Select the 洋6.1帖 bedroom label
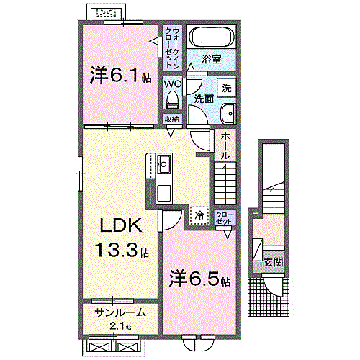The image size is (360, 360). (120, 74)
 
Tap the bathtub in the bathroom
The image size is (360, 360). (211, 37)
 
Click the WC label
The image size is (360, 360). (172, 84)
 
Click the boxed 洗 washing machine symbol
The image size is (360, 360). (226, 88)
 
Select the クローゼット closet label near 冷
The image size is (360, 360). (224, 217)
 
